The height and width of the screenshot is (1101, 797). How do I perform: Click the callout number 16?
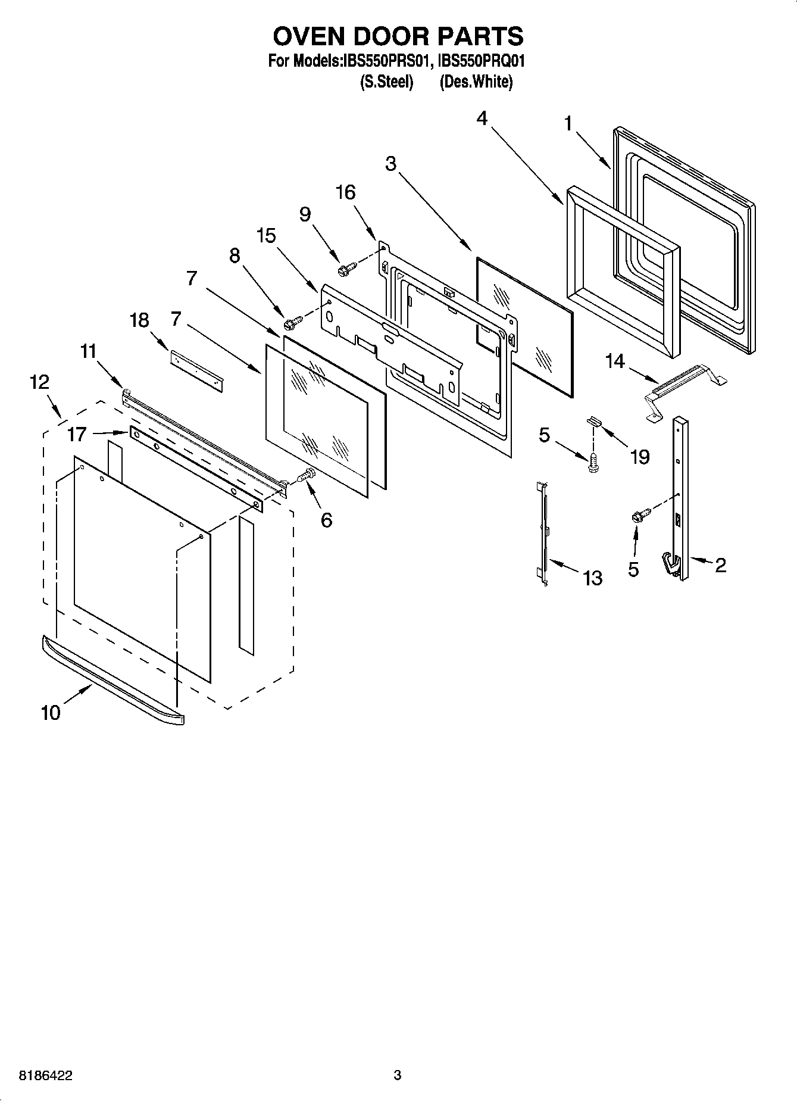pyautogui.click(x=345, y=192)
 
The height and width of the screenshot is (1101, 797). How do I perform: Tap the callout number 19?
pyautogui.click(x=639, y=457)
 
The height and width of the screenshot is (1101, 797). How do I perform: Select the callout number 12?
pyautogui.click(x=39, y=382)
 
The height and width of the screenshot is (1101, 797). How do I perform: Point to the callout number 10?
pyautogui.click(x=51, y=712)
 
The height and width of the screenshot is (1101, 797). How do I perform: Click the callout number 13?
pyautogui.click(x=593, y=578)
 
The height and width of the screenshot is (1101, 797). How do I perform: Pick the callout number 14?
pyautogui.click(x=615, y=361)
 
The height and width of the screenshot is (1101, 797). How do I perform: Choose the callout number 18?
pyautogui.click(x=139, y=320)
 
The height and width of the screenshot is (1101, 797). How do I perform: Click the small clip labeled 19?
pyautogui.click(x=595, y=421)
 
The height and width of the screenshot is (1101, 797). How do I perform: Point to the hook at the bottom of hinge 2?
pyautogui.click(x=671, y=564)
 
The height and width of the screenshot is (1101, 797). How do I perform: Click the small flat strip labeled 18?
pyautogui.click(x=196, y=371)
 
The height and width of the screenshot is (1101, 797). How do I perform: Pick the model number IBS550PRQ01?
pyautogui.click(x=481, y=61)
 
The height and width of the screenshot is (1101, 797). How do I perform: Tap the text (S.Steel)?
pyautogui.click(x=386, y=82)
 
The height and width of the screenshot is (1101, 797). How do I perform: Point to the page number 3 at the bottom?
pyautogui.click(x=398, y=1075)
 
